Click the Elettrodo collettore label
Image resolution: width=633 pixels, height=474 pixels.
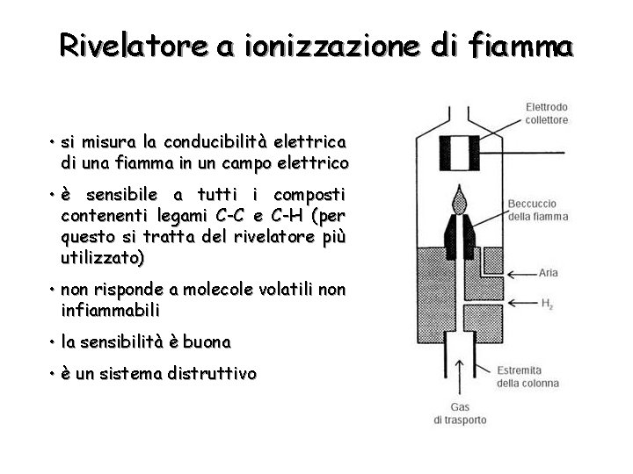click(546, 113)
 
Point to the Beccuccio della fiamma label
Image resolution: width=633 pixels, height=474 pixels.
click(537, 210)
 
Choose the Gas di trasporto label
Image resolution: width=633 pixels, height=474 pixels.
click(460, 413)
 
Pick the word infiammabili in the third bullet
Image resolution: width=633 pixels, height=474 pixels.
click(111, 310)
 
